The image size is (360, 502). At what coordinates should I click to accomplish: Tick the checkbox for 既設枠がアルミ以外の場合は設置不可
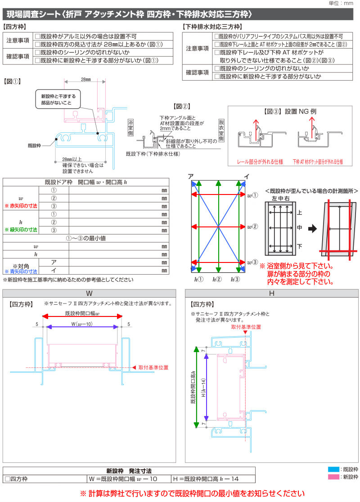point(37,36)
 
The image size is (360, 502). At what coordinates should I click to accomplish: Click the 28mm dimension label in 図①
point(85,79)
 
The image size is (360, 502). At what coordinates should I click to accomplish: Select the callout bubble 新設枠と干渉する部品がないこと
point(58,99)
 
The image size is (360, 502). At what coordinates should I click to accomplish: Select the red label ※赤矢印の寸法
point(21,206)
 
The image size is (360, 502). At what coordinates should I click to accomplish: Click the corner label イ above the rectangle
point(246,176)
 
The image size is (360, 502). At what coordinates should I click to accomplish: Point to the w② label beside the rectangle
point(252,226)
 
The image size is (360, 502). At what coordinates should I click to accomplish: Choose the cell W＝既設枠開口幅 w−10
point(129,479)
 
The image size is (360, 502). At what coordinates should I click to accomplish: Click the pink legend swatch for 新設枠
point(333,477)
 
